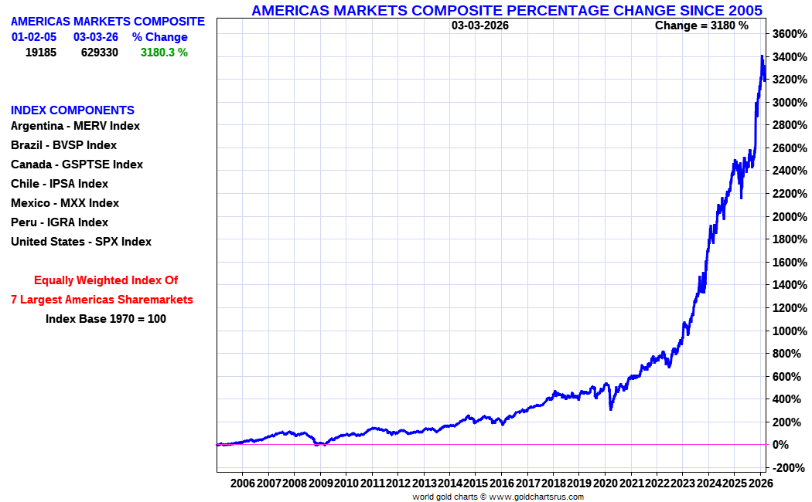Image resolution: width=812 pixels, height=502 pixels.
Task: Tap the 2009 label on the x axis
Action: [320, 483]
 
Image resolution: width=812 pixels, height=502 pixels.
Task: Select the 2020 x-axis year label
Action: [605, 483]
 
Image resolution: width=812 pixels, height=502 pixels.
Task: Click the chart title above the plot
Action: [507, 10]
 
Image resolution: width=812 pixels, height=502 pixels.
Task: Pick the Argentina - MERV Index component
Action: [75, 126]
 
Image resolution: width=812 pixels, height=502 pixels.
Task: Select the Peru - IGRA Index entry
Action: [60, 222]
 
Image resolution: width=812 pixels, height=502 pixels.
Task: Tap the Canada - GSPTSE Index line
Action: [77, 165]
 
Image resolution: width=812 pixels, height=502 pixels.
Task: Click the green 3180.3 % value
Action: [164, 53]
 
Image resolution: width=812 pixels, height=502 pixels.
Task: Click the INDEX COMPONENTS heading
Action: [73, 110]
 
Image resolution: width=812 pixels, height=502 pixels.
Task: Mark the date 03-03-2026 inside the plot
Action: [479, 25]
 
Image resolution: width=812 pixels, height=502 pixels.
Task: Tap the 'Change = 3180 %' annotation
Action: [701, 25]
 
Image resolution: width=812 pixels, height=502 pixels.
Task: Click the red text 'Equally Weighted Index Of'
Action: [106, 280]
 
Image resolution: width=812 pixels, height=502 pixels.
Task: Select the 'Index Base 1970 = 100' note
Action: [106, 318]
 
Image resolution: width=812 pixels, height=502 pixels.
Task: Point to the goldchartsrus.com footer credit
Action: [498, 497]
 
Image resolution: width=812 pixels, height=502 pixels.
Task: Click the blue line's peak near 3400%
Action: [762, 56]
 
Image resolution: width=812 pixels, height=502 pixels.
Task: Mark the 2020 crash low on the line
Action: [611, 409]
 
